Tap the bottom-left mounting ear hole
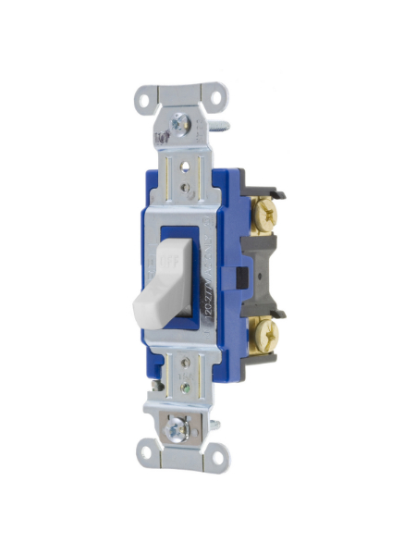144,454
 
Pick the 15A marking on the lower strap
185,365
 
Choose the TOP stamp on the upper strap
163,137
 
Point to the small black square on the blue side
241,275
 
